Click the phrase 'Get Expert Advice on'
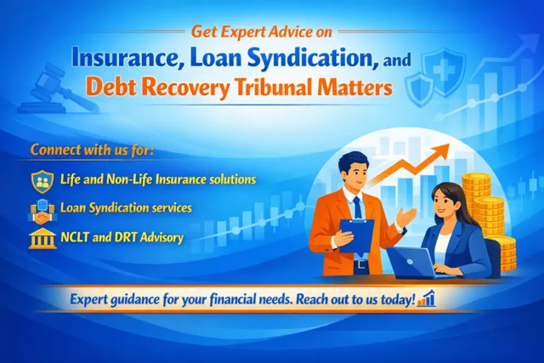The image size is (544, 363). [261, 32]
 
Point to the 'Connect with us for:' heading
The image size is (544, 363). [92, 150]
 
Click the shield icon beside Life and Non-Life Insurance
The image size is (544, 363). [42, 182]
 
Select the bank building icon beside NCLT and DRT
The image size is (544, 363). [42, 239]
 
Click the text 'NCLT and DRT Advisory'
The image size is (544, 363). [122, 237]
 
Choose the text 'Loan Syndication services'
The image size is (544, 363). [126, 208]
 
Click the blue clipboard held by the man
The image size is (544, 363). [356, 235]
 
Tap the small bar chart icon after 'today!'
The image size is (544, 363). [426, 298]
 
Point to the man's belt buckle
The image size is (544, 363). [361, 264]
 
